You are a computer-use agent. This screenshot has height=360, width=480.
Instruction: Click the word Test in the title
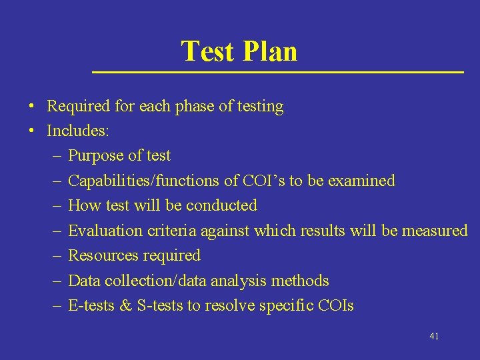(207, 51)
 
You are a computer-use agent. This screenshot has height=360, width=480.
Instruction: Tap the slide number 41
(434, 336)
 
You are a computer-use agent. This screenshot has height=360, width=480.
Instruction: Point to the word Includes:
(77, 131)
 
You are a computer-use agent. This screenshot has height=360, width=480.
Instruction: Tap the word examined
(365, 181)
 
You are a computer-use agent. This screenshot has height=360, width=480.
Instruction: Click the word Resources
(101, 255)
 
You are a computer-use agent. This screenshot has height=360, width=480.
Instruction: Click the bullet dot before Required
(32, 107)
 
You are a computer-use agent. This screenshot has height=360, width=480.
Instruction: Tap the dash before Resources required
(54, 255)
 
